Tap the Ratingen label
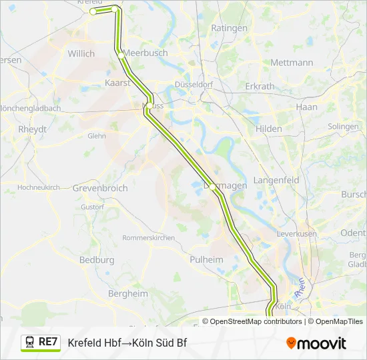(x=229, y=28)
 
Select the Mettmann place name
(x=292, y=63)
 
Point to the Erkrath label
(x=260, y=87)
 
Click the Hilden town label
(x=268, y=129)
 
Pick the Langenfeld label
(x=274, y=180)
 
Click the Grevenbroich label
(x=100, y=189)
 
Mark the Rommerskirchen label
(x=148, y=238)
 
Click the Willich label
(x=81, y=53)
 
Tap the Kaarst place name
(x=117, y=83)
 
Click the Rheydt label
(x=33, y=129)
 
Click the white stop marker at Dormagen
(x=213, y=187)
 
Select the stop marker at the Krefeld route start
(x=93, y=11)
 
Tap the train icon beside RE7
(x=29, y=343)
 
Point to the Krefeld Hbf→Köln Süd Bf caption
(x=127, y=343)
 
